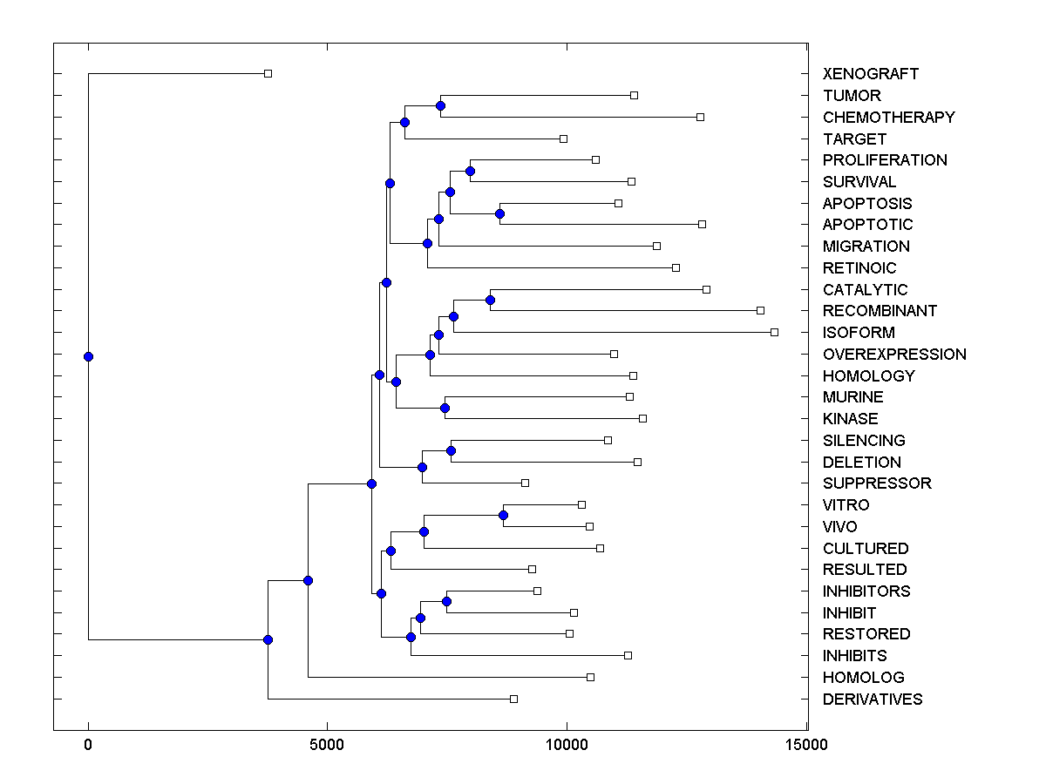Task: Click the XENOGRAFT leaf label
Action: (870, 74)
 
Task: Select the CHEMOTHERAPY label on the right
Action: (888, 117)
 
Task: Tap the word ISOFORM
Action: (859, 333)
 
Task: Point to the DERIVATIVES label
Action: (872, 700)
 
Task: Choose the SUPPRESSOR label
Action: (877, 483)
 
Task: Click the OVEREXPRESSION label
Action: (894, 355)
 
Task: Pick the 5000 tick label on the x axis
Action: (326, 745)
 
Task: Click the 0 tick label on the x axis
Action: (88, 745)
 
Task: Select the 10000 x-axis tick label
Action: (566, 745)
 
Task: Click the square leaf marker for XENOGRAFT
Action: (268, 73)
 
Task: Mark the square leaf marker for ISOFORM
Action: (774, 332)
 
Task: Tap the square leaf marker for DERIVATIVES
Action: (513, 699)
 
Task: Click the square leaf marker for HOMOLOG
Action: (590, 677)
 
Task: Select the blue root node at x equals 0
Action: (88, 356)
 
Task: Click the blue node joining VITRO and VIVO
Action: (503, 516)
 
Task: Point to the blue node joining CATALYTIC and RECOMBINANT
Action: (490, 300)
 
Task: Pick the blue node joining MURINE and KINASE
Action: (445, 408)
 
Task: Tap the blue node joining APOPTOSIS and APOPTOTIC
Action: (499, 213)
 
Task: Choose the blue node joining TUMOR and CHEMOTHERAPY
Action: (440, 105)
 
